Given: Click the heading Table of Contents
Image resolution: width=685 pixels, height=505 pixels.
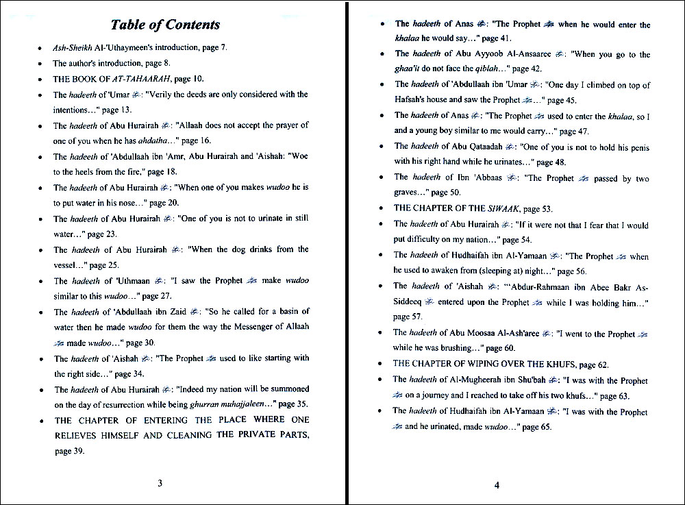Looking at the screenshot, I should click(165, 25).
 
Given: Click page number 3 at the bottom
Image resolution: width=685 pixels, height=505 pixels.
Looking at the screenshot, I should click(160, 482).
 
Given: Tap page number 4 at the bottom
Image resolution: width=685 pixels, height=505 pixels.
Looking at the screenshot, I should click(497, 486).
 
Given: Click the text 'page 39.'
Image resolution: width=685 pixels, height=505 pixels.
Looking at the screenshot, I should click(72, 451).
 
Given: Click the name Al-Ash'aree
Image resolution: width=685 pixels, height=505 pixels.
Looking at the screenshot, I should click(515, 333).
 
